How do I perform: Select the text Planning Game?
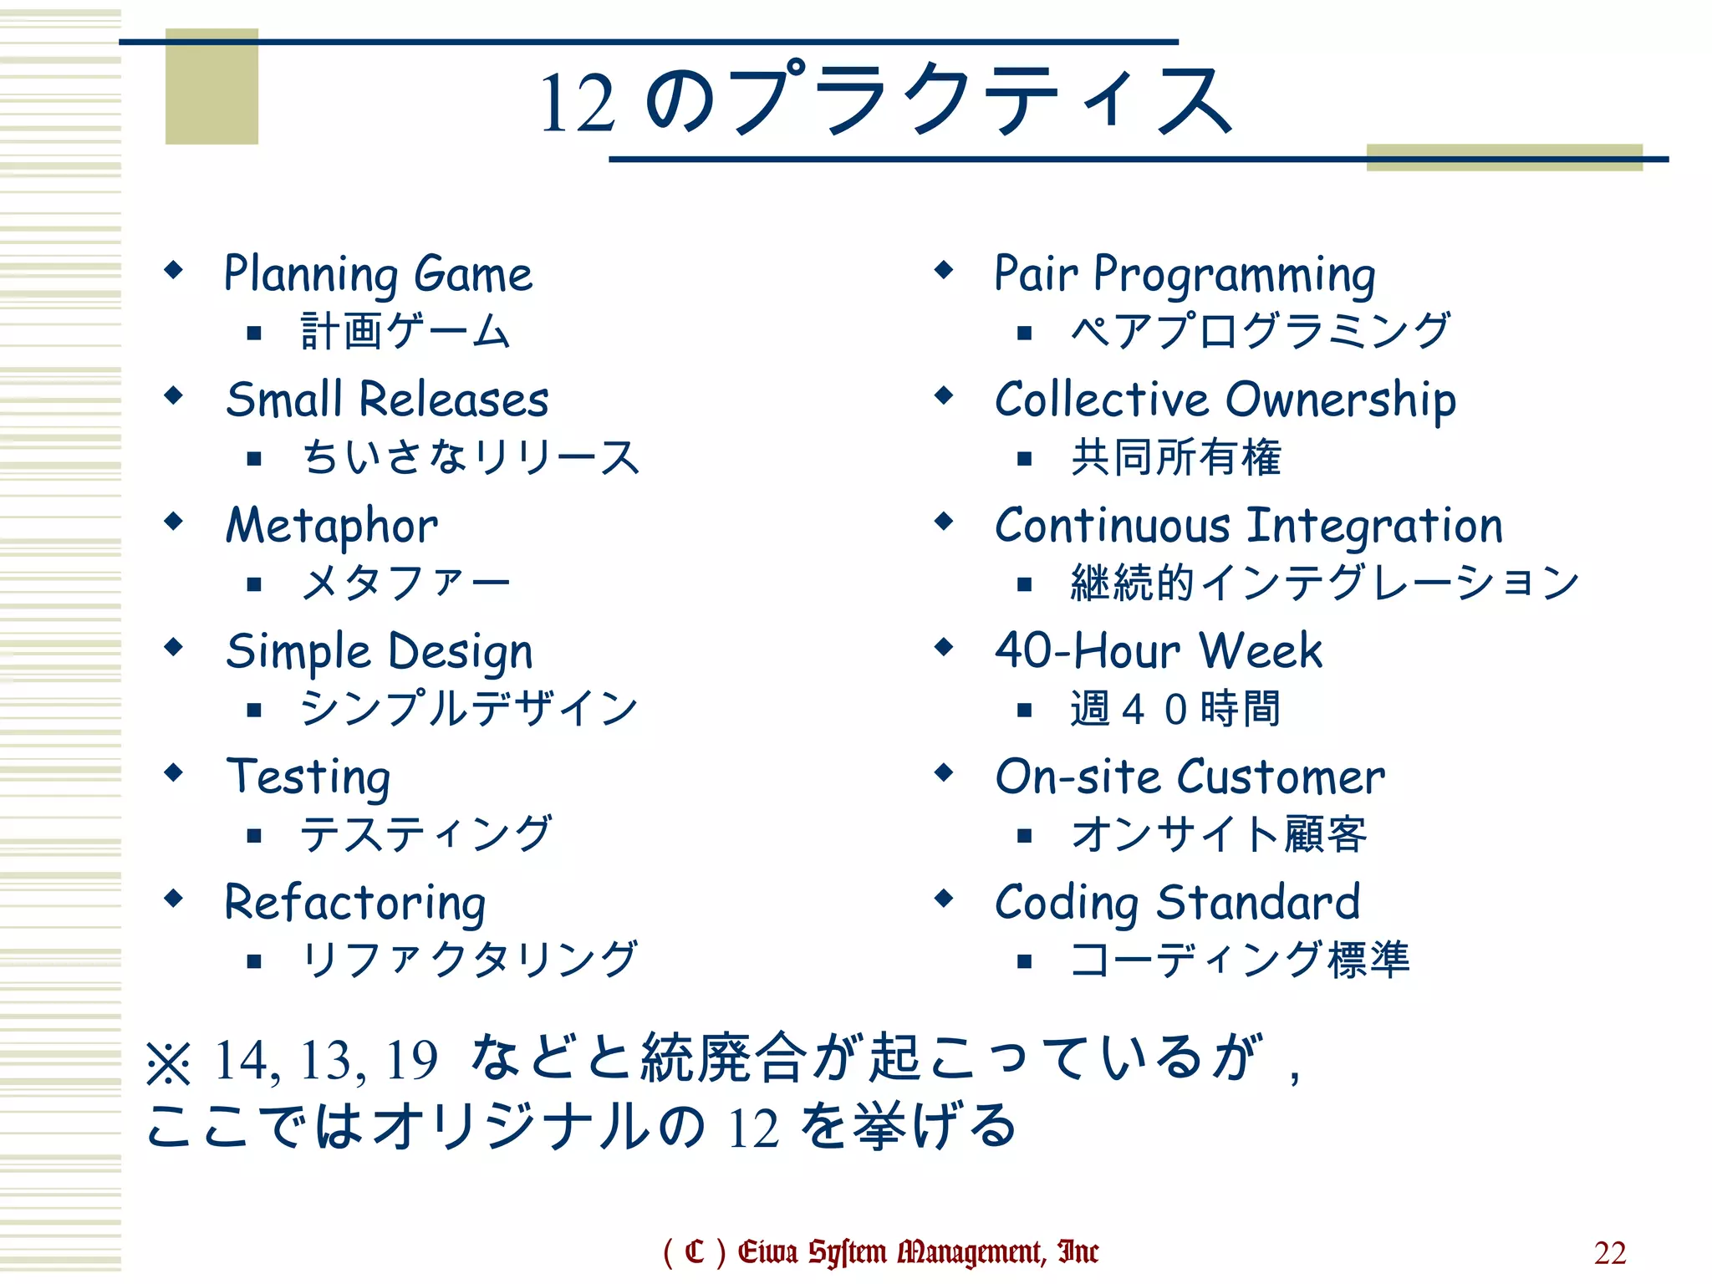378,274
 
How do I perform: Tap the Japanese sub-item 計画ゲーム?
405,331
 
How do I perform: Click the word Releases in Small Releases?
454,400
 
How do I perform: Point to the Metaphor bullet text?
332,526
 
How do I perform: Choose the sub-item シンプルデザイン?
469,709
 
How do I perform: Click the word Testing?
308,777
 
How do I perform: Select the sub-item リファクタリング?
469,960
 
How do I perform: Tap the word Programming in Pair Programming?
1234,274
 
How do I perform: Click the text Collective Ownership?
1225,400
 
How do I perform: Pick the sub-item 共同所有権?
1175,457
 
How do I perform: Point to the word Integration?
1374,526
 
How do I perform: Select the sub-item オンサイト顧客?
1219,834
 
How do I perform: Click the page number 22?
1609,1252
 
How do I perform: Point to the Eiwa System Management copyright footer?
880,1252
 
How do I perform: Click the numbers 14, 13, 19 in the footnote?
326,1061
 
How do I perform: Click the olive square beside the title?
211,87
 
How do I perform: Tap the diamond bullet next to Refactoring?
174,899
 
